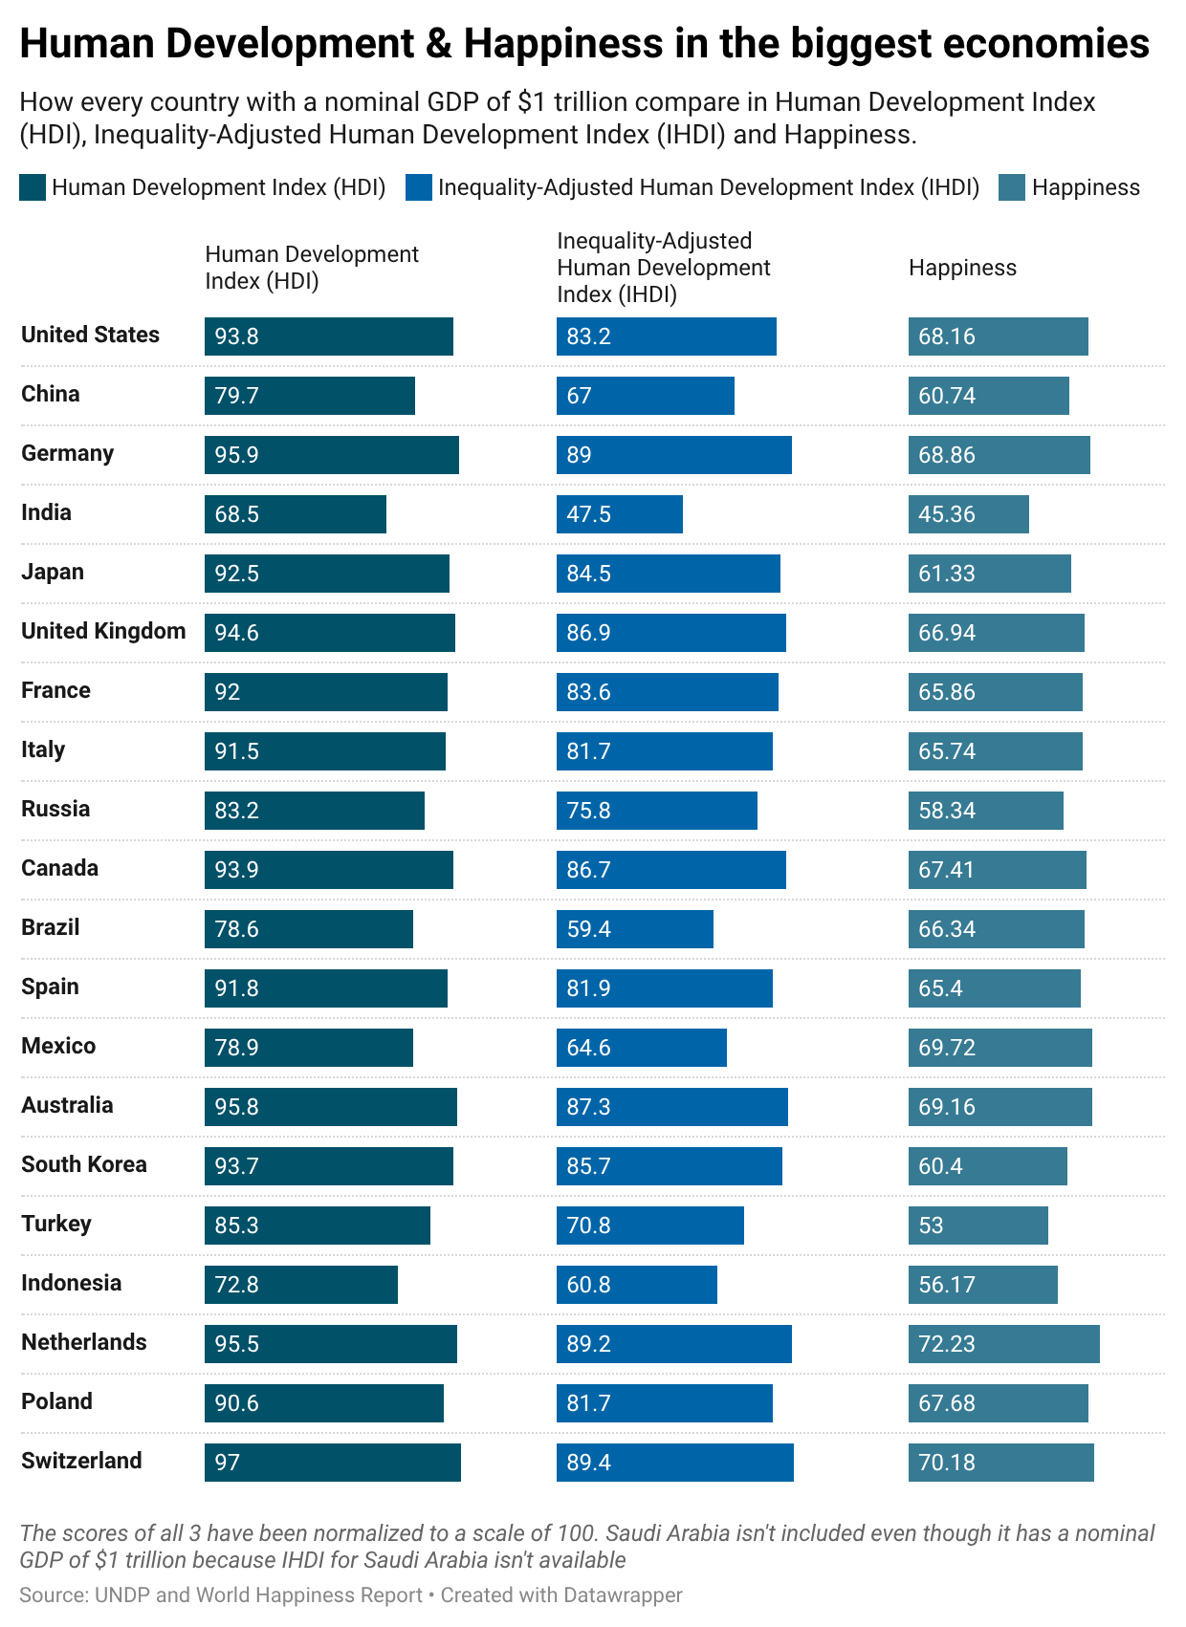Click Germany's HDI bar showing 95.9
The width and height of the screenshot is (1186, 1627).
coord(331,455)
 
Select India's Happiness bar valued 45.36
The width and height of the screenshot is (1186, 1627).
coord(968,514)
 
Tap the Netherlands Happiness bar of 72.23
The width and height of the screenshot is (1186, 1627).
coord(1003,1344)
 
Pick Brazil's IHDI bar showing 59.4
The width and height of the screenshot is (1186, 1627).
coord(634,929)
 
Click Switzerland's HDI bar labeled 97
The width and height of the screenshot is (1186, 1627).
coord(332,1463)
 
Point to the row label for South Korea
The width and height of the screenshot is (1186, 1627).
coord(84,1164)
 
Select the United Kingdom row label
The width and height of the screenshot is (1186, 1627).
coord(103,631)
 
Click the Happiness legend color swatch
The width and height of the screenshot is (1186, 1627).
coord(1012,187)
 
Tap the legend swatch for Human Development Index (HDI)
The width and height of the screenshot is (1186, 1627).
coord(33,187)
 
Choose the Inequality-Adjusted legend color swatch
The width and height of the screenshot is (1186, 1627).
coord(418,187)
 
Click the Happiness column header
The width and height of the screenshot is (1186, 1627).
coord(962,268)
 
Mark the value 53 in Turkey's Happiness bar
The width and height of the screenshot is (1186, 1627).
coord(931,1226)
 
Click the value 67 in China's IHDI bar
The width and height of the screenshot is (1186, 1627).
coord(579,396)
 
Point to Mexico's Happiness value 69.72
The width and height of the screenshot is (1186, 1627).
coord(947,1048)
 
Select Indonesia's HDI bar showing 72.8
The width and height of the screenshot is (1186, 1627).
coord(300,1285)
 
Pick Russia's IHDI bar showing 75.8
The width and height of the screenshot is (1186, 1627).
coord(656,811)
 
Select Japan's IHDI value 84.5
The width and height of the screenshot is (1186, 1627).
coord(588,574)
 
